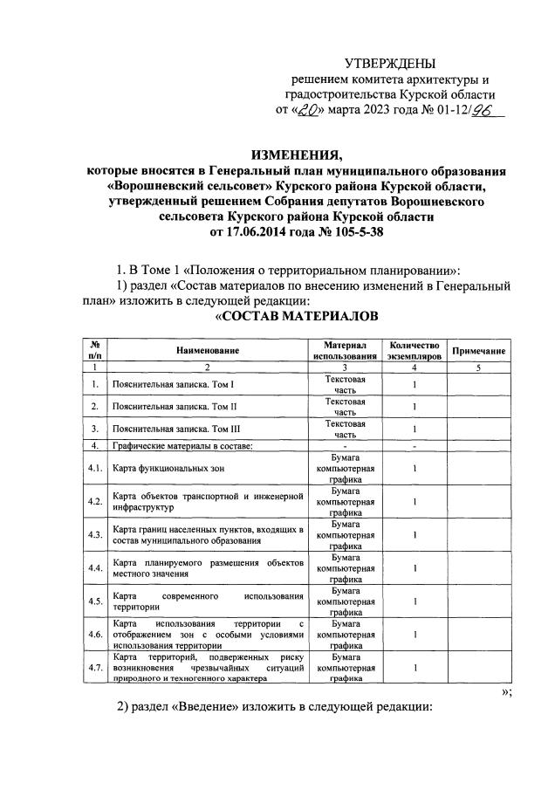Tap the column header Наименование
point(207,350)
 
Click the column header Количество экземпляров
point(415,350)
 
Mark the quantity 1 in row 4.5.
point(415,601)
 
